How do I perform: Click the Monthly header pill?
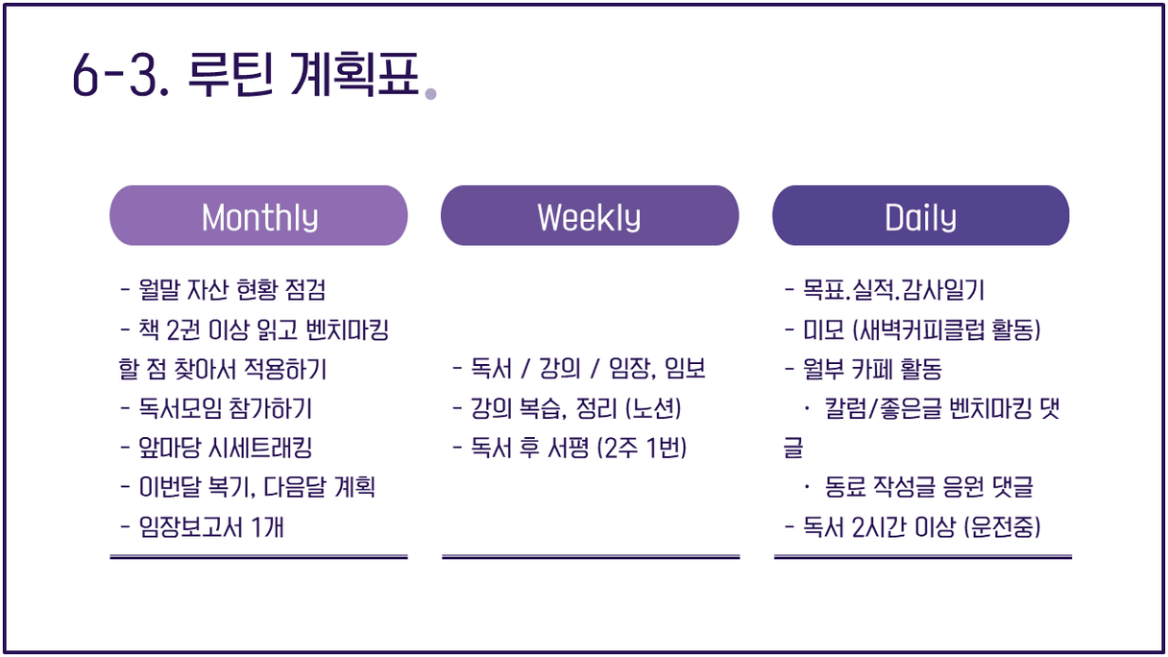pos(258,215)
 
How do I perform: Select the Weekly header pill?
pos(590,215)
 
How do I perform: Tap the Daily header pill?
pos(921,215)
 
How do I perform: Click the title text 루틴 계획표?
pos(304,74)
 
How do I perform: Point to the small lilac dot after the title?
pos(430,94)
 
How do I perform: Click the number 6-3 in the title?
pos(121,76)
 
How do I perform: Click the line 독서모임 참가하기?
pos(216,408)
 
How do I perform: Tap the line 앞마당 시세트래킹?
pos(216,448)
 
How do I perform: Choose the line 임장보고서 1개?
pos(203,526)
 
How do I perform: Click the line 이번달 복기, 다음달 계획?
pos(248,488)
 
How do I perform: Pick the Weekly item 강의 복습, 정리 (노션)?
pos(567,408)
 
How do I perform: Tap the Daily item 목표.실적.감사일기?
pos(885,290)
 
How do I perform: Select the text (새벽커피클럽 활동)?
pos(946,329)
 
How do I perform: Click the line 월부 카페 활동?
pos(864,369)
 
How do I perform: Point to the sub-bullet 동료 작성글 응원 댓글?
pos(919,488)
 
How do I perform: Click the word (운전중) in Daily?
pos(1002,526)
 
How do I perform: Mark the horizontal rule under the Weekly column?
pos(591,557)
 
